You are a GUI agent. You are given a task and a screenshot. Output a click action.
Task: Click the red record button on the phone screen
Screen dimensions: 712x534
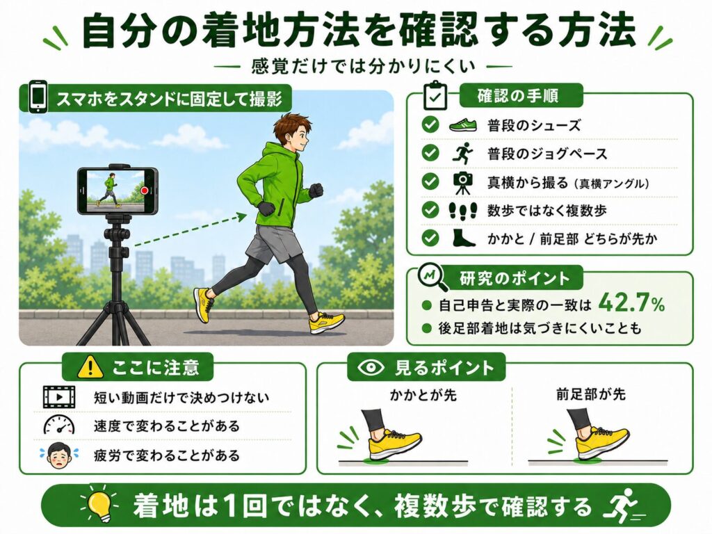[145, 191]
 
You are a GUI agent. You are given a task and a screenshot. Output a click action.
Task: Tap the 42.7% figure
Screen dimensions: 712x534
[631, 303]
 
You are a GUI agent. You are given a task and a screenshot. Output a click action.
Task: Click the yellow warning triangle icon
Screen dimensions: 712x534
[90, 367]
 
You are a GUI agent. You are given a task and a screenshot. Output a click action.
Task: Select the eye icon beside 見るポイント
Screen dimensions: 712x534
[371, 367]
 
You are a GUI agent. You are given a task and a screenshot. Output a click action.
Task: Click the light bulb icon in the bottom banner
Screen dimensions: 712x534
[99, 505]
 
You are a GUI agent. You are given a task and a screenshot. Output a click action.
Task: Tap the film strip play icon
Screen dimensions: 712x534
[59, 397]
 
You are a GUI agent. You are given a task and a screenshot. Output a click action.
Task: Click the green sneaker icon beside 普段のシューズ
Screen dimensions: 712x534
[462, 124]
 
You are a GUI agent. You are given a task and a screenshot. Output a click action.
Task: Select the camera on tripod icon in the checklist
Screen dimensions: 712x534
[462, 182]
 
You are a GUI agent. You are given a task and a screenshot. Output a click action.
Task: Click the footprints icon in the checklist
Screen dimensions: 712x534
[462, 211]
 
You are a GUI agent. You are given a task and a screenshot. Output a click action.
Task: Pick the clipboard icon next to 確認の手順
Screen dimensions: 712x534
[435, 96]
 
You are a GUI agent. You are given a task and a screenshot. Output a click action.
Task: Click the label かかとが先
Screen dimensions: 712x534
[423, 395]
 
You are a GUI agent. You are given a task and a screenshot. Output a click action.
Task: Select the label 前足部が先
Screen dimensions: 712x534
[591, 394]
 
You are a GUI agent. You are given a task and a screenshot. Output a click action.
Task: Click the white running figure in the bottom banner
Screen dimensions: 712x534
[622, 505]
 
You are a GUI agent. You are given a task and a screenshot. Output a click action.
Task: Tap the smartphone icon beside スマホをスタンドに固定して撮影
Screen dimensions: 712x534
[38, 97]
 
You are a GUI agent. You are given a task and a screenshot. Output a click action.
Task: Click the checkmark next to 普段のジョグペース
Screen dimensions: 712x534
[430, 153]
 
